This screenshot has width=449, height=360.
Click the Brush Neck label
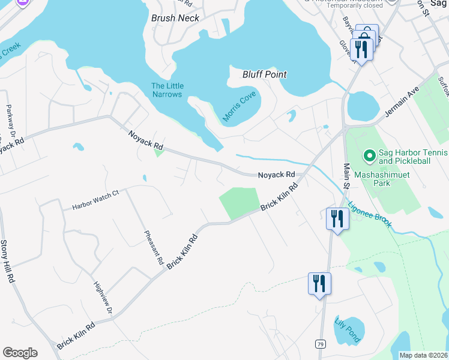coord(175,18)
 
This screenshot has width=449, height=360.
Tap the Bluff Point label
coord(264,74)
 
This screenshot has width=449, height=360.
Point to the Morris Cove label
coord(240,107)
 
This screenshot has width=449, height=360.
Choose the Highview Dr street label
coord(103,298)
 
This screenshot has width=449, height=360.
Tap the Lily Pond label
coord(348,329)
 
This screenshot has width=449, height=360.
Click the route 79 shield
coord(321,344)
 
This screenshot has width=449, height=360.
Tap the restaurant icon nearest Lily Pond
coord(319,283)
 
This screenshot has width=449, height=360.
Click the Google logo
coord(20,353)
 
